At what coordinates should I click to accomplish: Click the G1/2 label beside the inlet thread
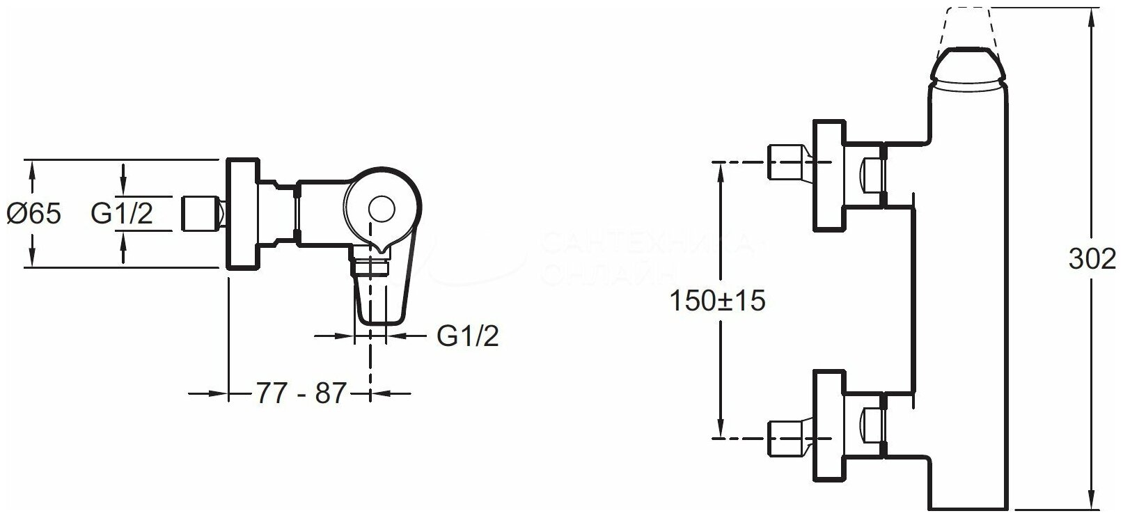122,214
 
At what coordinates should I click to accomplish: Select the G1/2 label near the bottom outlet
468,336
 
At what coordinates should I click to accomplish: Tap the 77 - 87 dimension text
301,394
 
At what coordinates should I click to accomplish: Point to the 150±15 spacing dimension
717,301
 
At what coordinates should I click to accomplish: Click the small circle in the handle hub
380,209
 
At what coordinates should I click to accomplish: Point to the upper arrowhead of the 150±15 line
720,168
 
